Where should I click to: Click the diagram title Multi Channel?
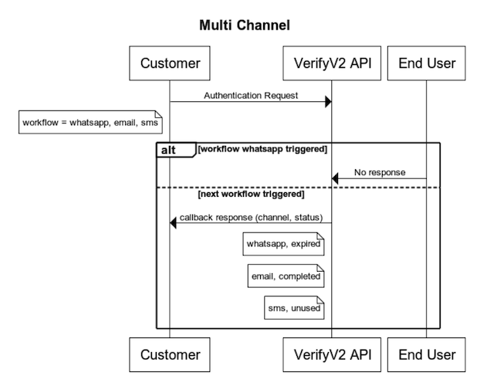pos(245,25)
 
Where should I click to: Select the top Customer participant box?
pos(170,63)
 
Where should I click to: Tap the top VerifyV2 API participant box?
pos(332,63)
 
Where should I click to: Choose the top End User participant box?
pos(426,63)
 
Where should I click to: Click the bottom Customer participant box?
pos(170,354)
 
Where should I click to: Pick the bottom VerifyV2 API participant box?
pos(332,354)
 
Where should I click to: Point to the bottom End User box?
pos(426,354)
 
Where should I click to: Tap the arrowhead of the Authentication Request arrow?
pos(327,102)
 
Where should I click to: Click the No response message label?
pos(380,172)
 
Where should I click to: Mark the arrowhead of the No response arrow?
pos(336,179)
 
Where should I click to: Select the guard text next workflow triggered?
pos(251,194)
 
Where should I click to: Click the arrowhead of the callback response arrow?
pos(174,223)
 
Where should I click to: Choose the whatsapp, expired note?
pos(282,245)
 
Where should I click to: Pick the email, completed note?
pos(285,276)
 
